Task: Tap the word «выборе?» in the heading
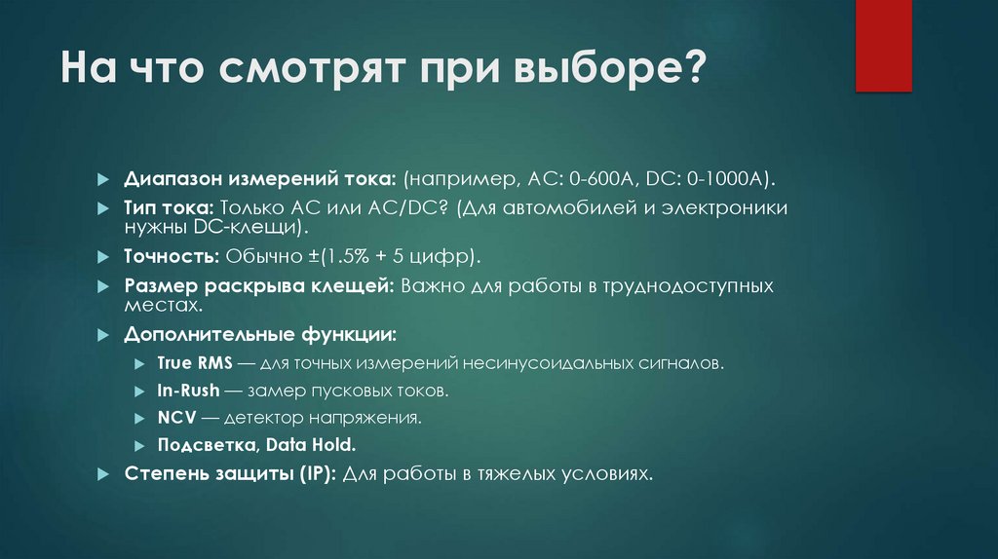pos(614,73)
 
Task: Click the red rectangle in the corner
pos(883,45)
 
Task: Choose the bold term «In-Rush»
pos(189,391)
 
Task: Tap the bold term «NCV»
pos(176,418)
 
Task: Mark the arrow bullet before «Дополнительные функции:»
pos(103,334)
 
